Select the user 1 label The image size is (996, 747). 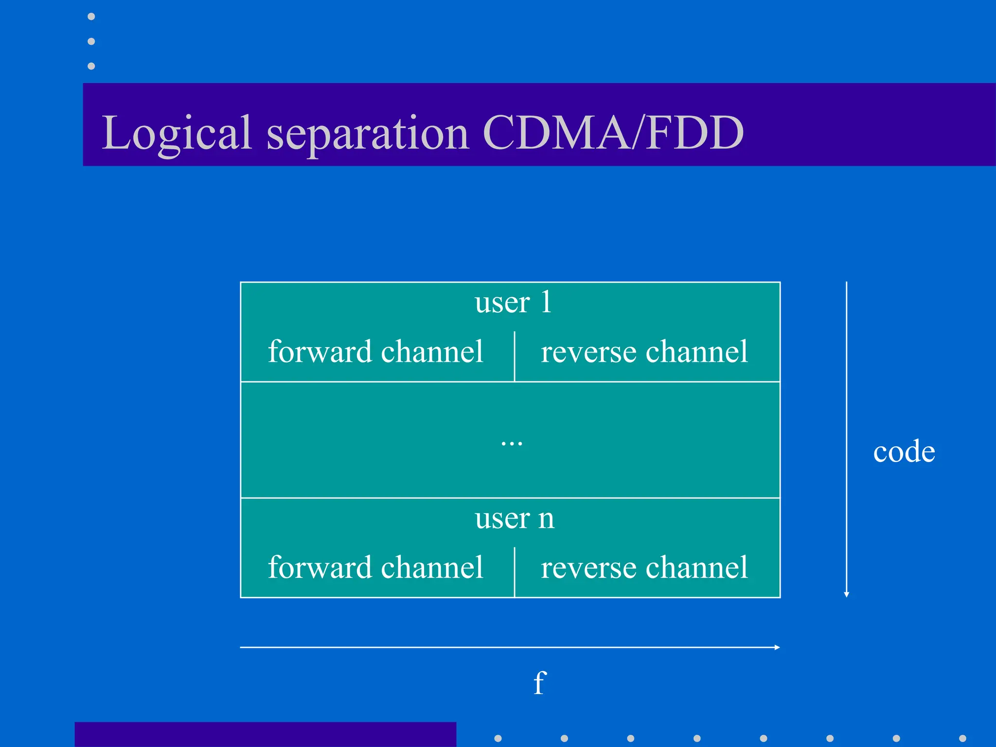pos(513,302)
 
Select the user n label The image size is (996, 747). pos(514,518)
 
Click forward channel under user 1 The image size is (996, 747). pos(375,352)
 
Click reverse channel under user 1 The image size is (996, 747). pos(644,352)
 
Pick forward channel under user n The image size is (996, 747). pos(375,568)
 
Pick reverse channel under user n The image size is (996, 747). pos(644,568)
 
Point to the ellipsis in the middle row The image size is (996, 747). pos(512,443)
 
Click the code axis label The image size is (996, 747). pos(904,452)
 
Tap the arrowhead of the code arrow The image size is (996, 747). pos(847,594)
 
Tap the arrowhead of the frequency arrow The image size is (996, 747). pos(777,647)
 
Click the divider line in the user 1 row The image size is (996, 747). pos(515,356)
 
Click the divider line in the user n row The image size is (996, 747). pos(515,571)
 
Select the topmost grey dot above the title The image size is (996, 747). pos(91,17)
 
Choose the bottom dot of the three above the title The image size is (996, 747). pos(91,66)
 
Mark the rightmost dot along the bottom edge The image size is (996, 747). pos(962,738)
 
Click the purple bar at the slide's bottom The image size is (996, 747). pos(265,734)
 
